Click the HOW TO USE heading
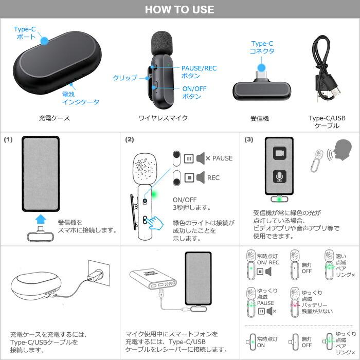(179, 10)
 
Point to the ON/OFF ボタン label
(194, 93)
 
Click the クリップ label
(125, 78)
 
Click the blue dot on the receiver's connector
(262, 67)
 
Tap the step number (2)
(129, 139)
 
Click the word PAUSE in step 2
(222, 158)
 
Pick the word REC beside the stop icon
(213, 178)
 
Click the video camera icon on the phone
(279, 154)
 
